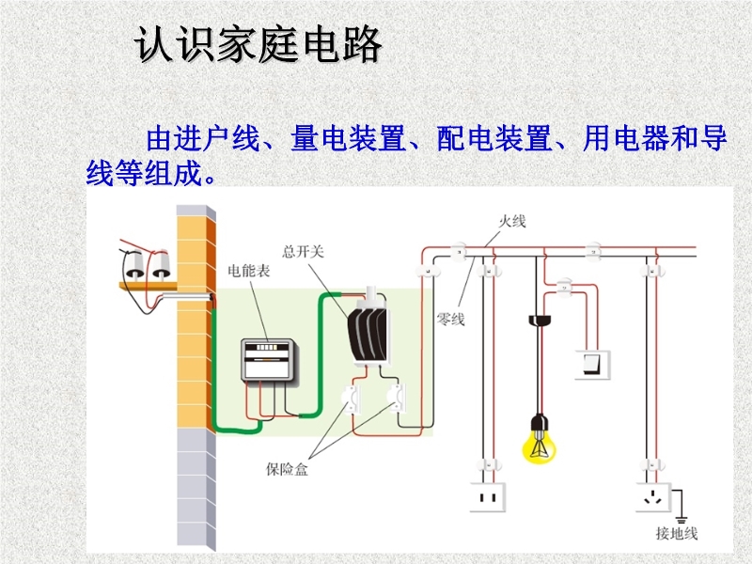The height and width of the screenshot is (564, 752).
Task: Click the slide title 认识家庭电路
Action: (258, 44)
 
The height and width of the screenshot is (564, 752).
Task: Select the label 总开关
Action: (303, 251)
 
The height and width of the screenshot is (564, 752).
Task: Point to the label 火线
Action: (512, 221)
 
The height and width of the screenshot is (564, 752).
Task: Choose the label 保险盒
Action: (288, 468)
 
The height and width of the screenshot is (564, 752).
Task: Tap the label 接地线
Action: (677, 533)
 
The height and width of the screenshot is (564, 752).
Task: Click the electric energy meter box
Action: (271, 359)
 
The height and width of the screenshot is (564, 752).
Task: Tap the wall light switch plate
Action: (591, 363)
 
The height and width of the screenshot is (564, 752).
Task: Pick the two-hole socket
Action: (490, 495)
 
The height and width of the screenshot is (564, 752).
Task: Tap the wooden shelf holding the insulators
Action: (147, 282)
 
